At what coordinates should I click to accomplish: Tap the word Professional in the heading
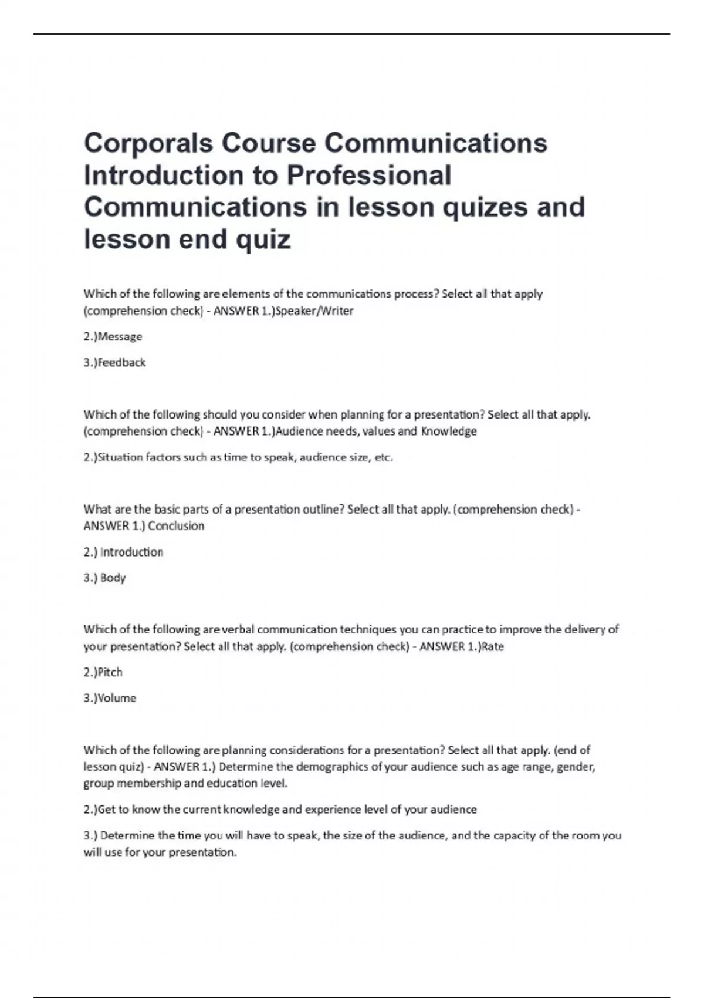pyautogui.click(x=369, y=176)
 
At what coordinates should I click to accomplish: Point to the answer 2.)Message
pyautogui.click(x=113, y=337)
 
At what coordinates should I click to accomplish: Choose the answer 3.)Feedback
pyautogui.click(x=114, y=363)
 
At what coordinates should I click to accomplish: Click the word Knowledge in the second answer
pyautogui.click(x=449, y=431)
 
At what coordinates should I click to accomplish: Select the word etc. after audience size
pyautogui.click(x=383, y=457)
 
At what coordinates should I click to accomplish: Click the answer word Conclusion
pyautogui.click(x=176, y=526)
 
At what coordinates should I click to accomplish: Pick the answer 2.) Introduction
pyautogui.click(x=123, y=552)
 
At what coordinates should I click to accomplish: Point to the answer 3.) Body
pyautogui.click(x=105, y=578)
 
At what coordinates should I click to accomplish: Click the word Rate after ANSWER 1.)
pyautogui.click(x=493, y=647)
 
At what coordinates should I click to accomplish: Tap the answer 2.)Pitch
pyautogui.click(x=103, y=672)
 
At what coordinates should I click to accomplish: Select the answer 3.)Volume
pyautogui.click(x=110, y=698)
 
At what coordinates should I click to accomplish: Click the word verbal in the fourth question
pyautogui.click(x=238, y=630)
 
